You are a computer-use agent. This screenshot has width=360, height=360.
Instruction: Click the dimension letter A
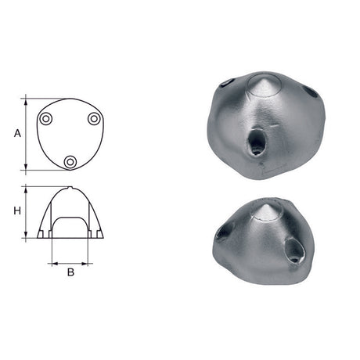pos(16,134)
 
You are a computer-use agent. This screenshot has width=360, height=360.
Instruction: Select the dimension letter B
pos(70,273)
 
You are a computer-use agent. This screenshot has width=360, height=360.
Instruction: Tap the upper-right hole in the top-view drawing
pos(94,118)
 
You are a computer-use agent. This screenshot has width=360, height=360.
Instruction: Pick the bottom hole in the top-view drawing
pos(70,161)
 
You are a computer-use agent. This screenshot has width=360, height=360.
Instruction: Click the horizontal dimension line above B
pos(70,263)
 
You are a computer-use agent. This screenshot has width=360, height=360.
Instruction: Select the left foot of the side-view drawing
pos(41,234)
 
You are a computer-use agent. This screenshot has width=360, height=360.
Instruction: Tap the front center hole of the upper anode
pos(257,142)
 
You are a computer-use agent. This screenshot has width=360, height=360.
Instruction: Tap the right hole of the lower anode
pos(297,250)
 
